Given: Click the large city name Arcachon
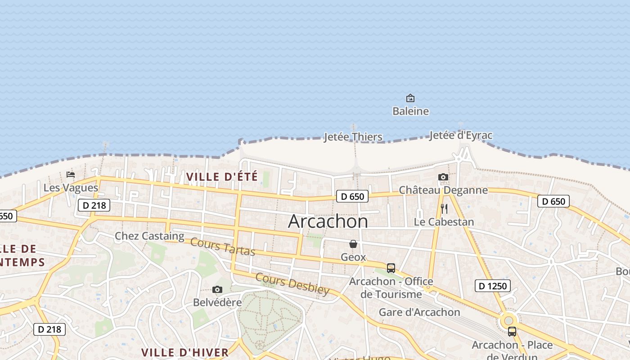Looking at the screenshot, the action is point(328,221).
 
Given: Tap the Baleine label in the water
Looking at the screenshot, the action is point(410,111).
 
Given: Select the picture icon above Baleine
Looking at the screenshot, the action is point(410,98).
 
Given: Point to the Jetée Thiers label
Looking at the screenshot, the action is point(353,137).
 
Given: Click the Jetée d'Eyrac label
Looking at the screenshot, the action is point(460,135).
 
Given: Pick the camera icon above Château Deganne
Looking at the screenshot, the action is point(443,177).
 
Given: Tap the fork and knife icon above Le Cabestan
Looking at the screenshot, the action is point(444,209).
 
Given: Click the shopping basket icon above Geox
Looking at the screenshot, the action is point(353,244).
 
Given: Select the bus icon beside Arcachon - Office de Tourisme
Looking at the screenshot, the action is point(391,268).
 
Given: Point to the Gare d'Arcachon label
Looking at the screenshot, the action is point(419,312).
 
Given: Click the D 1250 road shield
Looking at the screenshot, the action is point(493,286).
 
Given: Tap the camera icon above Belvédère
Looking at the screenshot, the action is point(217,289).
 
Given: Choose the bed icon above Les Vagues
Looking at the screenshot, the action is point(71,175).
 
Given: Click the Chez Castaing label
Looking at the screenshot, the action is point(149,236).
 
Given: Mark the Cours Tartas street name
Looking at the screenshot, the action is point(223,247).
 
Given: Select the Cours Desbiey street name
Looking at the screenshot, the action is point(292,284).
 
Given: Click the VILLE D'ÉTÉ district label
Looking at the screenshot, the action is point(222,177).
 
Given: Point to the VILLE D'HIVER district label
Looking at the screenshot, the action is point(185,352).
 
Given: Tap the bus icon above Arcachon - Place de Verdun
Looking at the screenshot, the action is point(512,332).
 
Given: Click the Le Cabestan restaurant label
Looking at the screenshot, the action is point(444,222).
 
